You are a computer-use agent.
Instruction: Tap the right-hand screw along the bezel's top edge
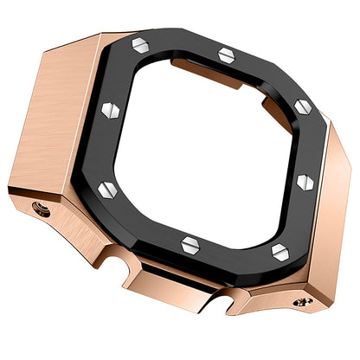(225, 55)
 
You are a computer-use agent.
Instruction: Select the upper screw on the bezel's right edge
(303, 106)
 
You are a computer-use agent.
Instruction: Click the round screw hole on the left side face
(36, 208)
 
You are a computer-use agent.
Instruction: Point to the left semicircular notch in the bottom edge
(112, 258)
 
